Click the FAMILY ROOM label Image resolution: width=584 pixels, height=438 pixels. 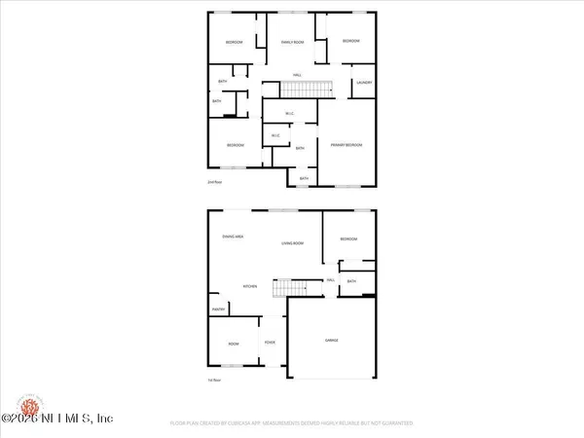294,42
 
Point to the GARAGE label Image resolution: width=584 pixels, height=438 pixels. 331,340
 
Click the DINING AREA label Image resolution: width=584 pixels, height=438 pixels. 232,237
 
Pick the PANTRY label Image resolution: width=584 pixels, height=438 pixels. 218,310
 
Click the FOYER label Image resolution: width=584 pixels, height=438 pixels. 269,342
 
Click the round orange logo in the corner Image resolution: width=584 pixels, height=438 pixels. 14,406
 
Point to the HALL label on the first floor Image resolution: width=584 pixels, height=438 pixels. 331,279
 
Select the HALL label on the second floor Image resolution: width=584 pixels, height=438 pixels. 297,75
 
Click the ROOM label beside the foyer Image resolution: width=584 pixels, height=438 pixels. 234,344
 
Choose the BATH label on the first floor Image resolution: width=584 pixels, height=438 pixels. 351,282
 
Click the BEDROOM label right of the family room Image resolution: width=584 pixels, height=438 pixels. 350,41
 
